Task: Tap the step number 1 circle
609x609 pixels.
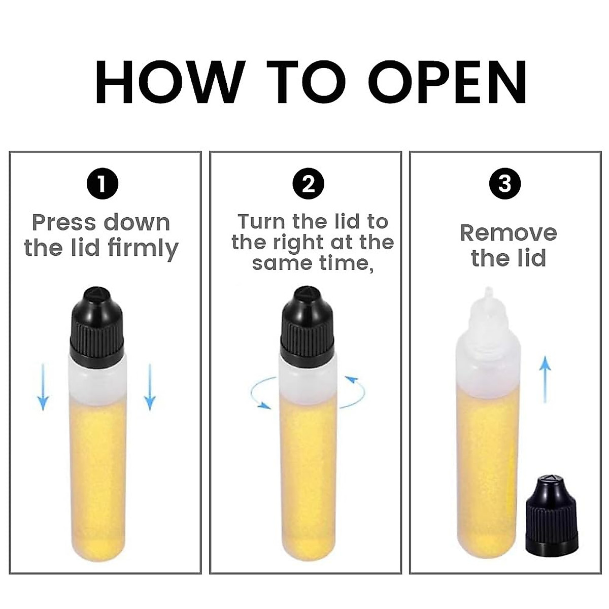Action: coord(103,184)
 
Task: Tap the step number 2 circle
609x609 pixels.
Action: coord(309,184)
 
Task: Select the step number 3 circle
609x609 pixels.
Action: coord(505,183)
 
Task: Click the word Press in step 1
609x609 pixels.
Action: coord(63,223)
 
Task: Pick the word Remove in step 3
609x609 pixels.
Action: coord(509,233)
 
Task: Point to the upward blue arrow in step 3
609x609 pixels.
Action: coord(545,379)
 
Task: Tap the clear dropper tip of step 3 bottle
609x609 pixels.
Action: coord(488,299)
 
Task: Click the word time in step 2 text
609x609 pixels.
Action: coord(346,263)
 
